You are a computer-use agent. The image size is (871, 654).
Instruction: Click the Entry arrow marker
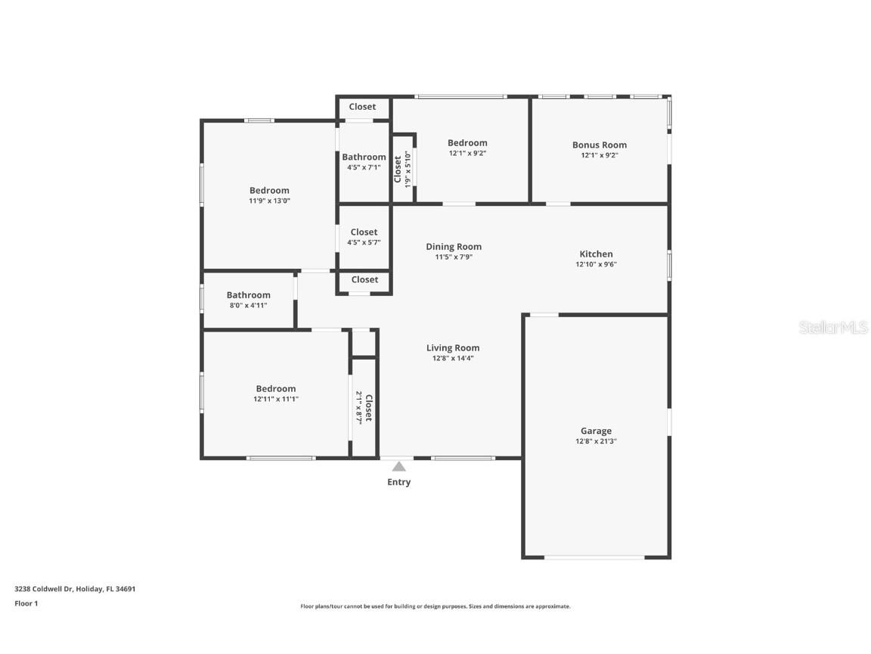click(x=398, y=467)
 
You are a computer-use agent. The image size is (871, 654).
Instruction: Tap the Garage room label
click(x=596, y=431)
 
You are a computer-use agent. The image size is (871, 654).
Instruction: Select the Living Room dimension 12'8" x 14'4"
click(x=453, y=359)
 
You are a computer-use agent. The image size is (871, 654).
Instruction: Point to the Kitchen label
click(x=596, y=254)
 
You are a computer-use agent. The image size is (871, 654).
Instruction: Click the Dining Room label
click(x=454, y=247)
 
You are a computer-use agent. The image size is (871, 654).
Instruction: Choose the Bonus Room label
click(x=599, y=145)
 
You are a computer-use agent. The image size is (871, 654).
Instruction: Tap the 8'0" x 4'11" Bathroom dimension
click(x=248, y=306)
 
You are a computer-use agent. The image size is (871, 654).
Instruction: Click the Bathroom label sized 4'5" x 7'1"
click(x=364, y=157)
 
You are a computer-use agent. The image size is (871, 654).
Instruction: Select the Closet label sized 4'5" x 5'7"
click(x=364, y=232)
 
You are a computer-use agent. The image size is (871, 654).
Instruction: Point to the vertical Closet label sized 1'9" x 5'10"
click(x=398, y=170)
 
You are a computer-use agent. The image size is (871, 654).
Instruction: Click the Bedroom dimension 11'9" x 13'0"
click(x=269, y=201)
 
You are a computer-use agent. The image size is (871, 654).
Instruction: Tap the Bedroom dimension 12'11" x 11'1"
click(x=275, y=399)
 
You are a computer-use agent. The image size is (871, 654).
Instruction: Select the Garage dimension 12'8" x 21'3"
click(x=596, y=441)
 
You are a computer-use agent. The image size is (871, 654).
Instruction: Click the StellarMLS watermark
click(x=833, y=328)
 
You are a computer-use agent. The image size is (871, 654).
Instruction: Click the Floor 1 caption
click(x=26, y=603)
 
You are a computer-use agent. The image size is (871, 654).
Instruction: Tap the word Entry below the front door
click(x=398, y=482)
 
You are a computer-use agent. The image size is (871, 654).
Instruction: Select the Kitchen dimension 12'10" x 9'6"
click(x=596, y=265)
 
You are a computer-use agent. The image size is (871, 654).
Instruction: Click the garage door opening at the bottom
click(x=594, y=558)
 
